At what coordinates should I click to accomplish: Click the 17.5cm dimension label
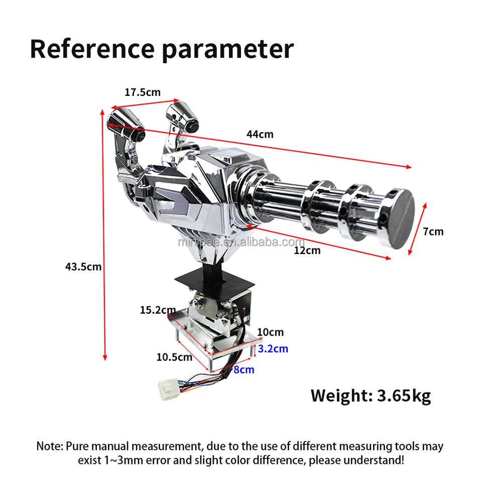click(x=143, y=92)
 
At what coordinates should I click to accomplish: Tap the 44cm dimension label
click(x=260, y=135)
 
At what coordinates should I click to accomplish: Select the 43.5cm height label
click(x=83, y=267)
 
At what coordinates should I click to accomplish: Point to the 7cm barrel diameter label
click(x=433, y=231)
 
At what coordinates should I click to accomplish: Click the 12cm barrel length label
click(x=307, y=251)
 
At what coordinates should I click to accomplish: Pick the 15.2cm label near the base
click(x=158, y=310)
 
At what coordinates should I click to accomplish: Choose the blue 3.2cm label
click(x=273, y=349)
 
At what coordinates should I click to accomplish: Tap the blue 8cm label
click(x=244, y=370)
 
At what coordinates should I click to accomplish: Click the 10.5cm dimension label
click(x=174, y=357)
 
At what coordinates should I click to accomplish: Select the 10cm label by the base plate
click(x=270, y=332)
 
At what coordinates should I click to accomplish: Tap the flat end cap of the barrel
click(x=398, y=219)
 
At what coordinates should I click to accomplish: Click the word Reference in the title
click(x=92, y=49)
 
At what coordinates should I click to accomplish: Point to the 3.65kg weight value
click(x=404, y=396)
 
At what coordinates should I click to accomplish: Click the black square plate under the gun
click(x=214, y=279)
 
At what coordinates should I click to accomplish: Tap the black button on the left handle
click(x=140, y=135)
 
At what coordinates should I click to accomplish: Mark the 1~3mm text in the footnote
click(x=124, y=460)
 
